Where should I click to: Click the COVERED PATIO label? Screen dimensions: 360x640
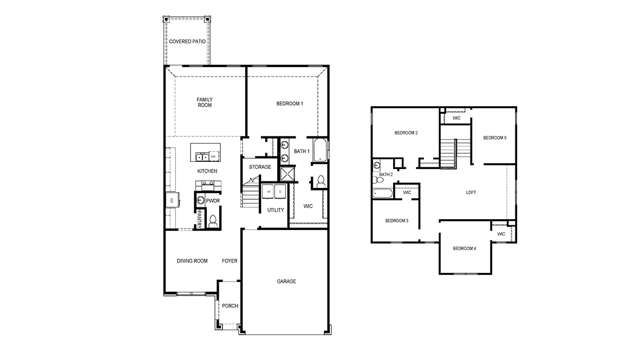click(187, 42)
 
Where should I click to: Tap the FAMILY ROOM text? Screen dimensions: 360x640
click(204, 102)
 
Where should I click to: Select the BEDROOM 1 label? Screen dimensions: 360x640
click(290, 103)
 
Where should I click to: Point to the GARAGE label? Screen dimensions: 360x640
click(286, 281)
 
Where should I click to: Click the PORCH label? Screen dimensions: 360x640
click(230, 306)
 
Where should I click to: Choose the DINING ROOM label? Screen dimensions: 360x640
click(192, 261)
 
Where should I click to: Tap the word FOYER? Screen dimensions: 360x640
click(230, 261)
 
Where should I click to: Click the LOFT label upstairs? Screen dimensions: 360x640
click(471, 192)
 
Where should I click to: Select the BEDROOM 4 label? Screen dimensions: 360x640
click(465, 248)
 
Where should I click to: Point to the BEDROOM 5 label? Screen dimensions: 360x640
click(495, 138)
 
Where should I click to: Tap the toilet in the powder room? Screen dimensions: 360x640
click(213, 221)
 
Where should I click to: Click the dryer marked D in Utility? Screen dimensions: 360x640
click(280, 192)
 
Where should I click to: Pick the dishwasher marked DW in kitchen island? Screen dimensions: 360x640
click(213, 157)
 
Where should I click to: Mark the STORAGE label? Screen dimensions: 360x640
click(260, 167)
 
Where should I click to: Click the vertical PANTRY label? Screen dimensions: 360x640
click(199, 219)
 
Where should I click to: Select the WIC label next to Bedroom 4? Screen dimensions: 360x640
click(501, 234)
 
